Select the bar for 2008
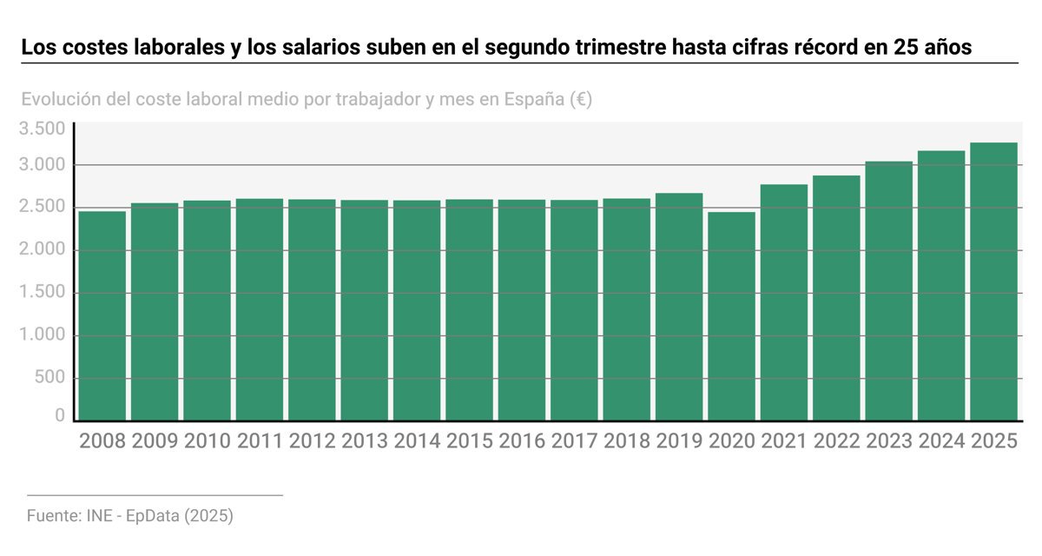click(x=102, y=315)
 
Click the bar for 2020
click(x=731, y=315)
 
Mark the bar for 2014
click(x=417, y=310)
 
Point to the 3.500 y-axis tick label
click(x=43, y=129)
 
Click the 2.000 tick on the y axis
click(x=43, y=250)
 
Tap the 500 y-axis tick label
click(x=49, y=378)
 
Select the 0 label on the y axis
click(x=60, y=416)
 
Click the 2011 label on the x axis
click(x=260, y=441)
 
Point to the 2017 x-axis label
click(x=574, y=441)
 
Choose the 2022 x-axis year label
click(x=836, y=441)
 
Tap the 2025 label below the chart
click(x=993, y=441)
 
